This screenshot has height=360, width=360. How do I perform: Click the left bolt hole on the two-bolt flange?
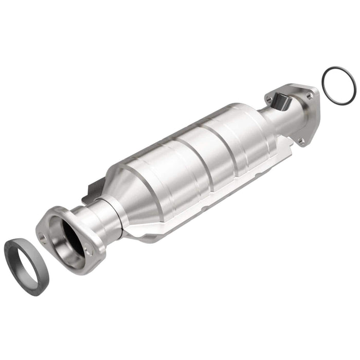click(44, 237)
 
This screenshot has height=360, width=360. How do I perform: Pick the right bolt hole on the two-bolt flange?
click(89, 252)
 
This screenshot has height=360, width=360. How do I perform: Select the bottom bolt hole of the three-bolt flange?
click(301, 139)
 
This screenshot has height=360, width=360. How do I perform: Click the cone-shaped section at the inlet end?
click(134, 190)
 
